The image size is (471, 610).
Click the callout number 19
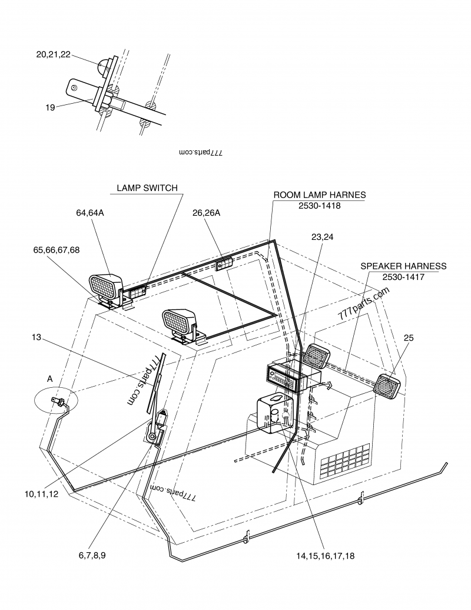(50, 107)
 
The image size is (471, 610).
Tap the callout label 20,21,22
(53, 54)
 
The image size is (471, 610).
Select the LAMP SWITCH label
(147, 188)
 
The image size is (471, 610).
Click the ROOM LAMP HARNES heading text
(320, 195)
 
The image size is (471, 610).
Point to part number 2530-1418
(320, 206)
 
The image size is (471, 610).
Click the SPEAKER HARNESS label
(403, 266)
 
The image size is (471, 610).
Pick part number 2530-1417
(403, 277)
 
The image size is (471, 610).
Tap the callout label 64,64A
(90, 213)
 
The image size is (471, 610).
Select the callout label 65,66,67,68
(57, 250)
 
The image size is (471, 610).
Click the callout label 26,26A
(206, 213)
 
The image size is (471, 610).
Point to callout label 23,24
(322, 237)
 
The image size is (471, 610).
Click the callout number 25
(409, 338)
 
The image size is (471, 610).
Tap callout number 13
(36, 337)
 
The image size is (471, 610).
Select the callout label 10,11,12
(41, 494)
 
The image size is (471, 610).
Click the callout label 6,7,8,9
(92, 555)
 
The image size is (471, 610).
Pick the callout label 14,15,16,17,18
(325, 556)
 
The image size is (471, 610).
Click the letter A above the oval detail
(49, 379)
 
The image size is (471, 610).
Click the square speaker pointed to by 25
(387, 386)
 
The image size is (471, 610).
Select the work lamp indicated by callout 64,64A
(106, 288)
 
